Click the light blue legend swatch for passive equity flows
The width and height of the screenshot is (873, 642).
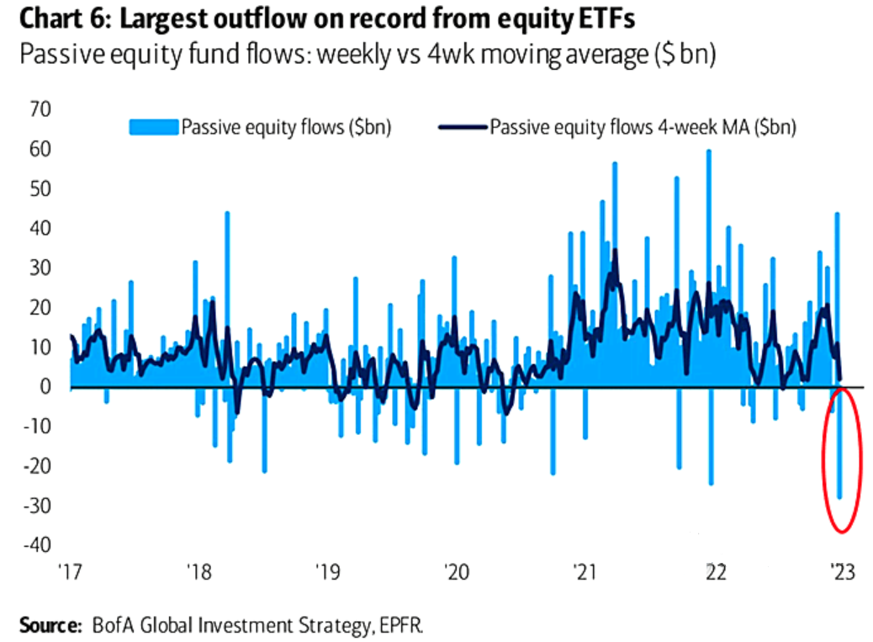[x=154, y=127]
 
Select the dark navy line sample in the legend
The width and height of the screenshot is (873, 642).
[x=461, y=127]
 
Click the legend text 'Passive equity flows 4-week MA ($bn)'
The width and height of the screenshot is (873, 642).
[x=643, y=127]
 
